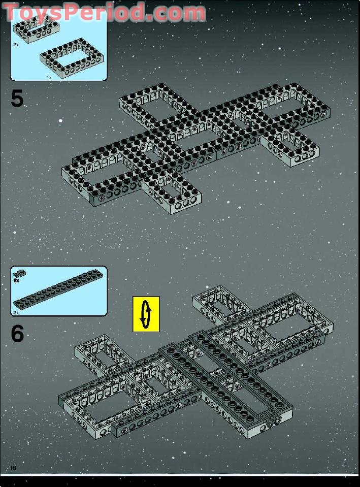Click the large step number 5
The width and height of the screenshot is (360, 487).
point(17,99)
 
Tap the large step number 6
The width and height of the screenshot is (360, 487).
point(17,334)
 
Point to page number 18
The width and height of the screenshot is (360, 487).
point(13,468)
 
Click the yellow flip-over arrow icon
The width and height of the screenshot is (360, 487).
point(146,314)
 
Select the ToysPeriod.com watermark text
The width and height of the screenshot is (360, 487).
point(104,12)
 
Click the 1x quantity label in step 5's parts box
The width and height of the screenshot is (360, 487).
point(49,78)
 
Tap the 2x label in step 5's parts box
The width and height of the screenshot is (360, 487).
point(16,45)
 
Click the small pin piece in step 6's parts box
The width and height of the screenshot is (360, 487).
point(20,273)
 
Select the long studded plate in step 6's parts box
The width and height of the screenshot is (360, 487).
point(58,290)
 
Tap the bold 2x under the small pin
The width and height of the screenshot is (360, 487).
point(16,280)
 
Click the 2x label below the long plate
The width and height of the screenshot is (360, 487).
point(16,313)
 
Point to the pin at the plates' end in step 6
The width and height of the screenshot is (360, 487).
point(273,420)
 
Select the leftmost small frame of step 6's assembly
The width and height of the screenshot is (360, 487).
point(103,354)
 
